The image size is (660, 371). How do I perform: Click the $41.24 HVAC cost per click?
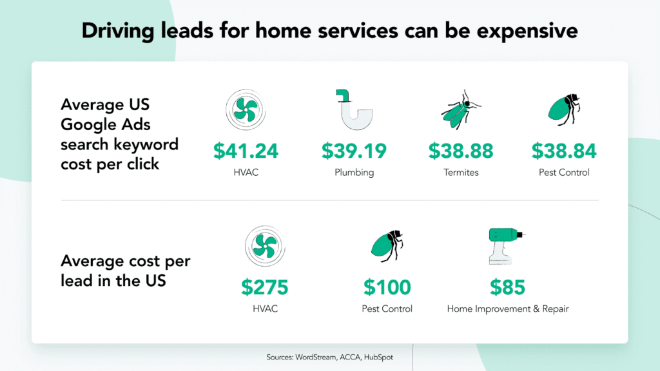coord(246,151)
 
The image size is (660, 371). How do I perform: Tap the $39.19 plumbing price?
coord(354,151)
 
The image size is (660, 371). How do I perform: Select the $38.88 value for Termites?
coord(461,151)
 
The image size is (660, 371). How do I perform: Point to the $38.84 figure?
coord(564,151)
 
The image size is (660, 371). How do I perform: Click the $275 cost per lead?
coord(265,287)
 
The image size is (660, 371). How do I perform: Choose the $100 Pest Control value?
coord(387,287)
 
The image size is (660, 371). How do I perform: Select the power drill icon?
coord(505,245)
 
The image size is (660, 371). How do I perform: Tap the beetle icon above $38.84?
coord(564,108)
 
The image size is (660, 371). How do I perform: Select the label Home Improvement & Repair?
coord(508,309)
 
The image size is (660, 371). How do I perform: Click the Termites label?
coord(461,173)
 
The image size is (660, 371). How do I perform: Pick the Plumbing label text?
coord(354,173)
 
